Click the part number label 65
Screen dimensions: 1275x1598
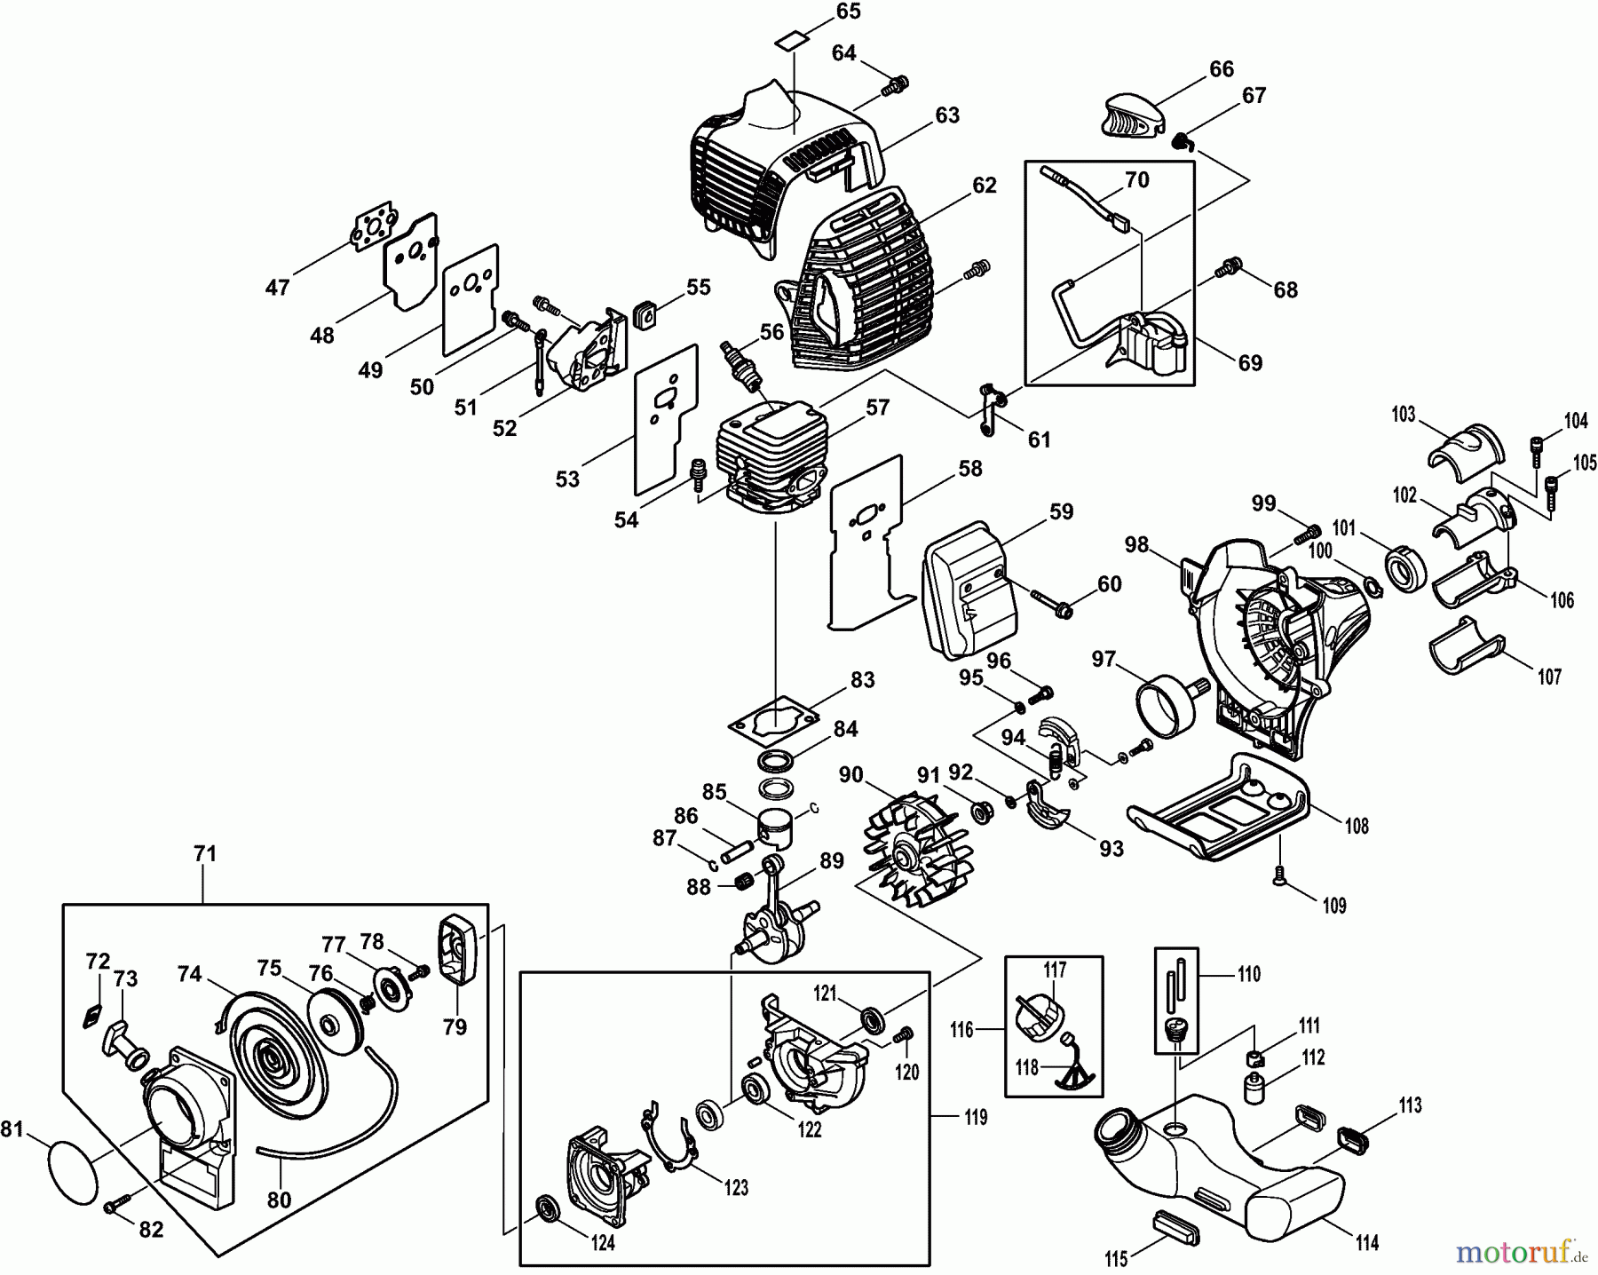tap(848, 12)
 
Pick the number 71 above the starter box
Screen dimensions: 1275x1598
tap(205, 854)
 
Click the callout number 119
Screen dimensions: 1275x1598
tap(976, 1117)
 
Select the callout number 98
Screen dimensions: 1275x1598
tap(1136, 544)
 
